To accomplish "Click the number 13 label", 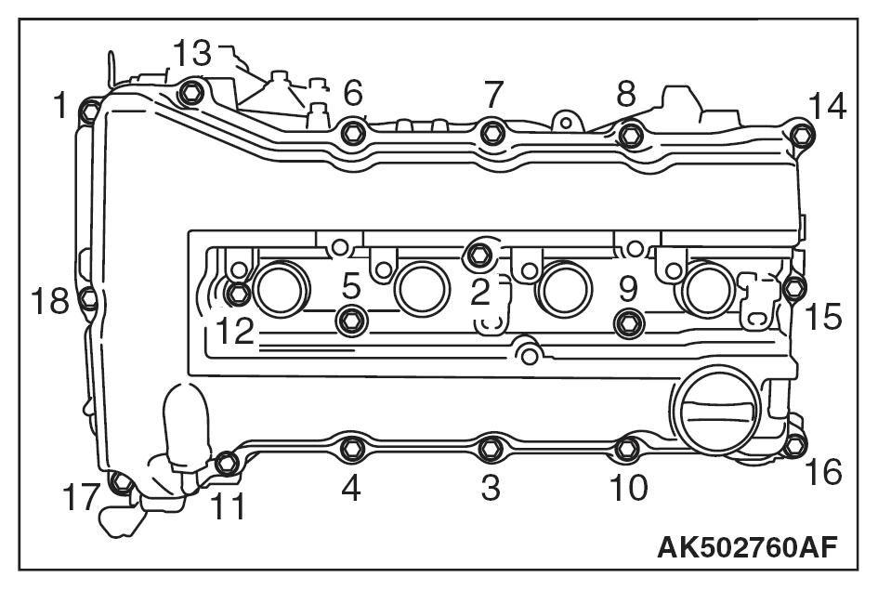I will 192,53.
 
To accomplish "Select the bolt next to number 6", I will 351,132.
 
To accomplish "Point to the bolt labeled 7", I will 491,134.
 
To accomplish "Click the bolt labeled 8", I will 630,135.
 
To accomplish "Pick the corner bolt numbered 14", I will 802,137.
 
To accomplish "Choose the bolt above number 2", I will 479,252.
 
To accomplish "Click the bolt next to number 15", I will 793,288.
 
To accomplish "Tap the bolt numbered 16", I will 793,446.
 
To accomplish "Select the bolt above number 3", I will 490,450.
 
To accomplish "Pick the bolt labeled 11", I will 226,462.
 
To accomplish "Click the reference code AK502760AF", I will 747,546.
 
